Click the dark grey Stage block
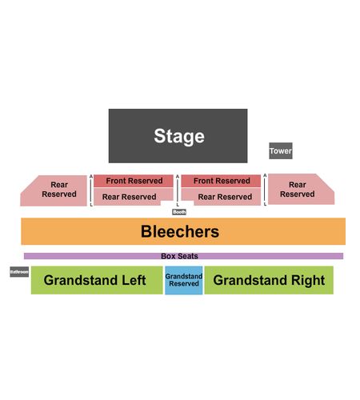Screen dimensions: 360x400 [178, 136]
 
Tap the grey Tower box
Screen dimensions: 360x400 [281, 150]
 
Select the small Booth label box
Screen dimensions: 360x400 [179, 212]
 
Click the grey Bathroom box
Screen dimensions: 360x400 [19, 272]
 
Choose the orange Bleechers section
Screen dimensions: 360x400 [183, 231]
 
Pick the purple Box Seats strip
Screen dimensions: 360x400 [183, 256]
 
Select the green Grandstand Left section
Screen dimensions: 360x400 [97, 280]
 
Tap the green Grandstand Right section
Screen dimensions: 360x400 [269, 280]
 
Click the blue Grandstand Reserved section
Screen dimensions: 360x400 [184, 280]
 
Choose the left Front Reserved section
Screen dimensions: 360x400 [134, 181]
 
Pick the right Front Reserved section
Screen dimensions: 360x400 [221, 181]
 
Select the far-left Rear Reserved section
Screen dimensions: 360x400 [54, 190]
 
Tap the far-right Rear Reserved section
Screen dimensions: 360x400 [302, 190]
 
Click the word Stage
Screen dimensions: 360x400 [179, 136]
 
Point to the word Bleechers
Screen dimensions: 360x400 [180, 231]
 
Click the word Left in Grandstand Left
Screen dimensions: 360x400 [134, 280]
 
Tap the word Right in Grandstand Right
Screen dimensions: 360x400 [308, 280]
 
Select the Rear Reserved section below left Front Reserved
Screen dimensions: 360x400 [130, 196]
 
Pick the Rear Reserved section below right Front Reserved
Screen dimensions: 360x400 [224, 196]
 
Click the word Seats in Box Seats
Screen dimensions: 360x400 [187, 256]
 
